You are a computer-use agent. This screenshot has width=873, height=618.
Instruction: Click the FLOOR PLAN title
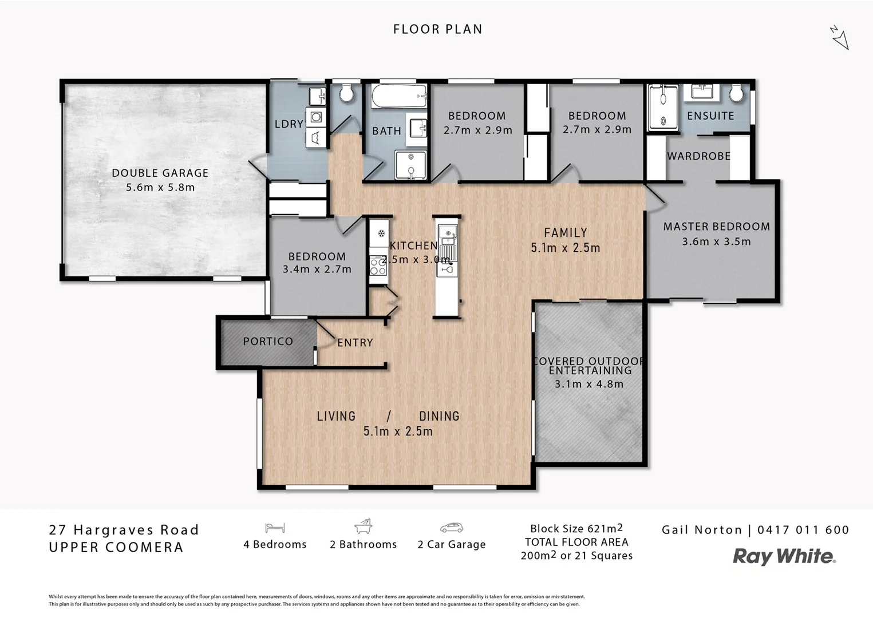pos(437,29)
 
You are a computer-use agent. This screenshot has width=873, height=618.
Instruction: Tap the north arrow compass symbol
pos(839,38)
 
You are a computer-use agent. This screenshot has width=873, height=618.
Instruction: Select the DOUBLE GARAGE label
pos(160,173)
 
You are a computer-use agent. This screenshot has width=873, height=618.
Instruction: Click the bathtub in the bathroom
pos(399,96)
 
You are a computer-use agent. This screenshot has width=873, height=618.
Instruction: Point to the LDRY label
pos(289,124)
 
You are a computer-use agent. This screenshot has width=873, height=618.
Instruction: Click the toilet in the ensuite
pos(736,93)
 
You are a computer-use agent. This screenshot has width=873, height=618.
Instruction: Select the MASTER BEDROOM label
pos(716,227)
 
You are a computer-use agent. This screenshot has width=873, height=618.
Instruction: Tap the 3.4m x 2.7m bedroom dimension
pos(317,269)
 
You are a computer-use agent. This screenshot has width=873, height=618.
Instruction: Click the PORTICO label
pos(268,342)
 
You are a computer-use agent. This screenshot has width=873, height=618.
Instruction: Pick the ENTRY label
pos(355,343)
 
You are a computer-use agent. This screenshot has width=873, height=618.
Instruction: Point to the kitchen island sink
pos(447,232)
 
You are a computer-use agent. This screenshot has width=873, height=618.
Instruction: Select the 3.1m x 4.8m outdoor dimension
pos(589,384)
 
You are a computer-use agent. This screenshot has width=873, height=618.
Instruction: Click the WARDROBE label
pos(698,156)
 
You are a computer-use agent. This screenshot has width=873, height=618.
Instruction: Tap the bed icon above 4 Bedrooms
pos(275,528)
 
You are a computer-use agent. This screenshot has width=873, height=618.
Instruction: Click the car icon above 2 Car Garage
pos(451,528)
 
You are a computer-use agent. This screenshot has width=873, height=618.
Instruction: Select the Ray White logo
pos(784,556)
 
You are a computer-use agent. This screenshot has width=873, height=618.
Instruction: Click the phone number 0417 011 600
pos(803,530)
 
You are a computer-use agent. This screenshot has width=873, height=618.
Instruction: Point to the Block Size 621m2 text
pos(576,529)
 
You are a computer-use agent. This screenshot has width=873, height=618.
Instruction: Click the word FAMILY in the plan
pos(565,233)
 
